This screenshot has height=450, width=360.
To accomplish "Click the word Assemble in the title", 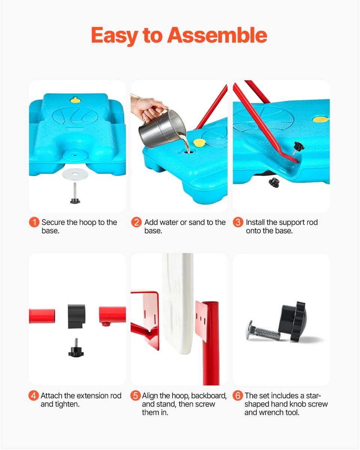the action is [x=217, y=35].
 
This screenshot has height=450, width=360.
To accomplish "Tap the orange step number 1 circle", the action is [x=34, y=222].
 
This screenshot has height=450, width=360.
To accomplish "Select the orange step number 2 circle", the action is [x=136, y=222].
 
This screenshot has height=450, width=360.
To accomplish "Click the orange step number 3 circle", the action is [x=238, y=222].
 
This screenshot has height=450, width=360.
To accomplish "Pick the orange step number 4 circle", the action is [x=33, y=396].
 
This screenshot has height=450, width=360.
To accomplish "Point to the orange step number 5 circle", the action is [x=135, y=396].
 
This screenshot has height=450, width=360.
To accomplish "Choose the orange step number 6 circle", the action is [x=238, y=396].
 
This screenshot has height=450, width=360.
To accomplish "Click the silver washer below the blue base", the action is [x=75, y=173].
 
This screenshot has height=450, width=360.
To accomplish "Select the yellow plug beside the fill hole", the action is [x=199, y=142].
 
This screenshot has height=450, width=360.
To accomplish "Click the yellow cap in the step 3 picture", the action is [x=321, y=120].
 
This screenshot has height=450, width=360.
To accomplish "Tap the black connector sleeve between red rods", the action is [x=76, y=316].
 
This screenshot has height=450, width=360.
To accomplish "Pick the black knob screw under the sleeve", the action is [x=76, y=348].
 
